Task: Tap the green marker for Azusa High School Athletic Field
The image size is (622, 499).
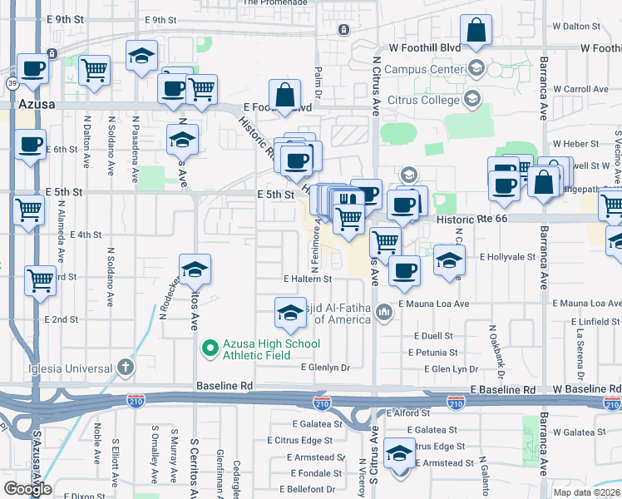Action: (x=210, y=348)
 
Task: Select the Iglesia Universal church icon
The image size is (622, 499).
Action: (x=125, y=367)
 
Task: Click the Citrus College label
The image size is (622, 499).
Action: (x=423, y=101)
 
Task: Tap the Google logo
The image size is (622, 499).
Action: (x=27, y=489)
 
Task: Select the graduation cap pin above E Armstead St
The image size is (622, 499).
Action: (x=400, y=453)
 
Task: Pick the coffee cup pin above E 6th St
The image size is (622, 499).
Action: (x=31, y=145)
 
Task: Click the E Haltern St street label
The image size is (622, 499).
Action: (x=308, y=279)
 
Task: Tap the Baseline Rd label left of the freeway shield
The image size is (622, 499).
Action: (x=225, y=387)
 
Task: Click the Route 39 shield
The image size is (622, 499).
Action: (x=12, y=83)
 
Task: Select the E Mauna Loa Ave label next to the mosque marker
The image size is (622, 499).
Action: (x=433, y=304)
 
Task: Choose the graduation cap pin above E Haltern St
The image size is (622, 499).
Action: (x=196, y=270)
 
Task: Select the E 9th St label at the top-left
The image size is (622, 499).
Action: (x=66, y=18)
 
